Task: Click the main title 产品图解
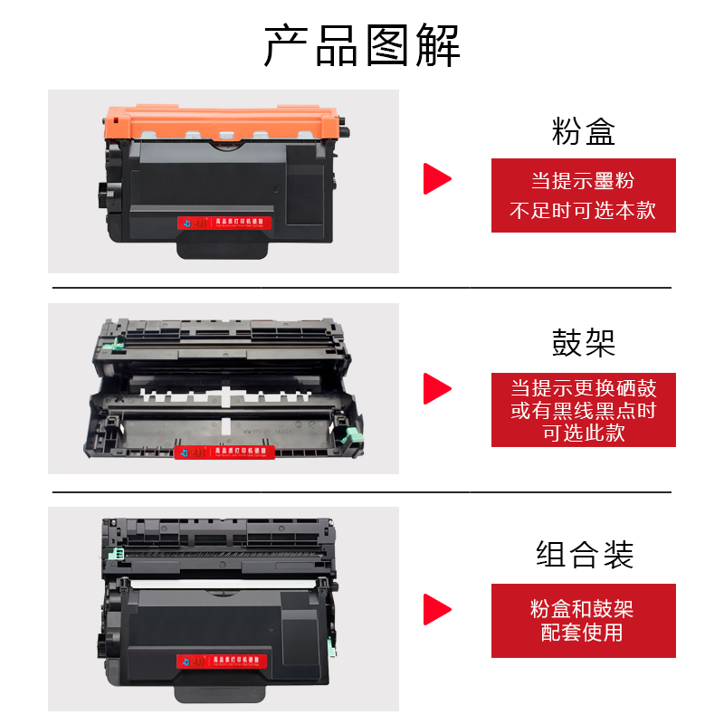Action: pyautogui.click(x=362, y=45)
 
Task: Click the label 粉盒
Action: pyautogui.click(x=584, y=132)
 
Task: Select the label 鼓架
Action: pyautogui.click(x=584, y=343)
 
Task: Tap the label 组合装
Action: pyautogui.click(x=584, y=554)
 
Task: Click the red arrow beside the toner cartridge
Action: pyautogui.click(x=437, y=178)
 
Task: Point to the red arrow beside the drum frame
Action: pyautogui.click(x=437, y=389)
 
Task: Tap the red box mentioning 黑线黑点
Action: pyautogui.click(x=584, y=410)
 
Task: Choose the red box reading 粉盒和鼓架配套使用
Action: pyautogui.click(x=584, y=620)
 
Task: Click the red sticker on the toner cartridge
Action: pyautogui.click(x=223, y=221)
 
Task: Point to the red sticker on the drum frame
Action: pyautogui.click(x=223, y=450)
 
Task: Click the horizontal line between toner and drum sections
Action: pyautogui.click(x=362, y=288)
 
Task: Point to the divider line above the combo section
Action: pyautogui.click(x=362, y=492)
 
